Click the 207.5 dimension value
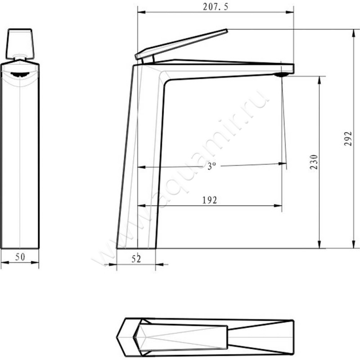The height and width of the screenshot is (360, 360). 215,6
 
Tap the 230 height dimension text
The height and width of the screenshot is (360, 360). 314,162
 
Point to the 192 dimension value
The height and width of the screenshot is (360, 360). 210,200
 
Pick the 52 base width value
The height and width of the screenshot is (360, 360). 136,258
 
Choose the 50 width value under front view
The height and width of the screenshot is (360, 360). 20,257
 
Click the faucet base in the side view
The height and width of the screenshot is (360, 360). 136,243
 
